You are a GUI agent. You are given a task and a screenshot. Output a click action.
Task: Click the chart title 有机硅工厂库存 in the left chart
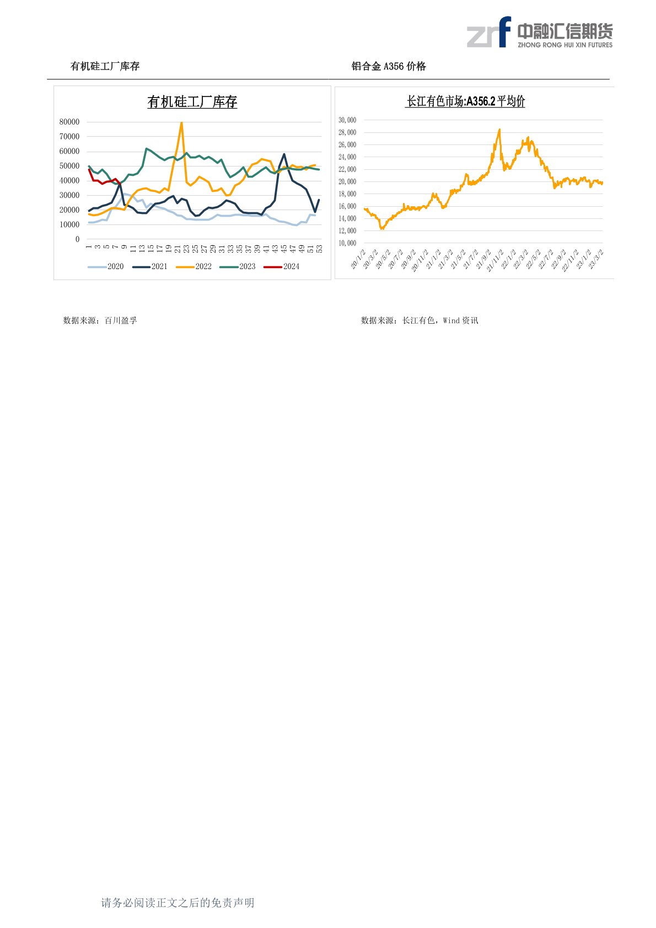[192, 102]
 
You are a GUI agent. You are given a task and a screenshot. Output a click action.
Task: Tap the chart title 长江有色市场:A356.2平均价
[465, 101]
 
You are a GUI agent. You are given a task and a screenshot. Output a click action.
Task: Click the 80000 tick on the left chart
[69, 122]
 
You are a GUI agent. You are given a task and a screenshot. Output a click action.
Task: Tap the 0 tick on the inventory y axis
[77, 239]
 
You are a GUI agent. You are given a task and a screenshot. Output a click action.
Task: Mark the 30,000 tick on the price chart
[347, 120]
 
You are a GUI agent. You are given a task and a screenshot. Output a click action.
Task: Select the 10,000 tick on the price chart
[347, 243]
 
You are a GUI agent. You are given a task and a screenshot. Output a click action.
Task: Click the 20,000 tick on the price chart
[347, 181]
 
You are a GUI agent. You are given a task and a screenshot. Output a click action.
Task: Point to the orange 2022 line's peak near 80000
[181, 123]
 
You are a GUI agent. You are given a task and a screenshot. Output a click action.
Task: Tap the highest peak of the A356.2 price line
[499, 130]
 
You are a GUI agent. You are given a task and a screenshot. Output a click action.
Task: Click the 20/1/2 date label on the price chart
[358, 259]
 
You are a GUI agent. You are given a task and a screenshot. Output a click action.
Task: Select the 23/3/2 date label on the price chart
[596, 259]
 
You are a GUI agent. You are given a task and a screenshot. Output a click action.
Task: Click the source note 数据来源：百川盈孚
[100, 320]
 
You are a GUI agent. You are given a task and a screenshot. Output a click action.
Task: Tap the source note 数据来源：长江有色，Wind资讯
[420, 320]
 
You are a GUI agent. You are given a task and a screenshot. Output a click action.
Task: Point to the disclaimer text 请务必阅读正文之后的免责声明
[178, 903]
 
